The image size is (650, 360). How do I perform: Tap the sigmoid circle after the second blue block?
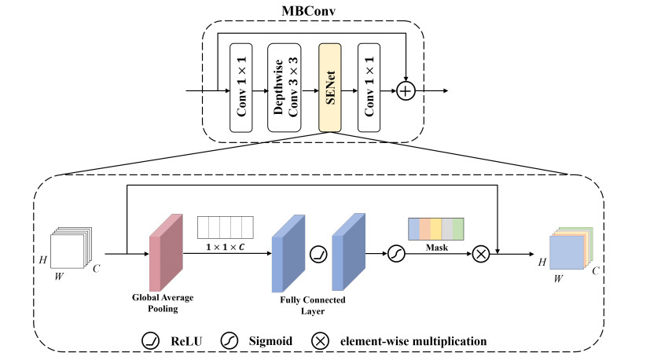[395, 254]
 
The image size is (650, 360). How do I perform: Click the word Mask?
[436, 245]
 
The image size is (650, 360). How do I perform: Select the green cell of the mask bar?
[457, 229]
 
